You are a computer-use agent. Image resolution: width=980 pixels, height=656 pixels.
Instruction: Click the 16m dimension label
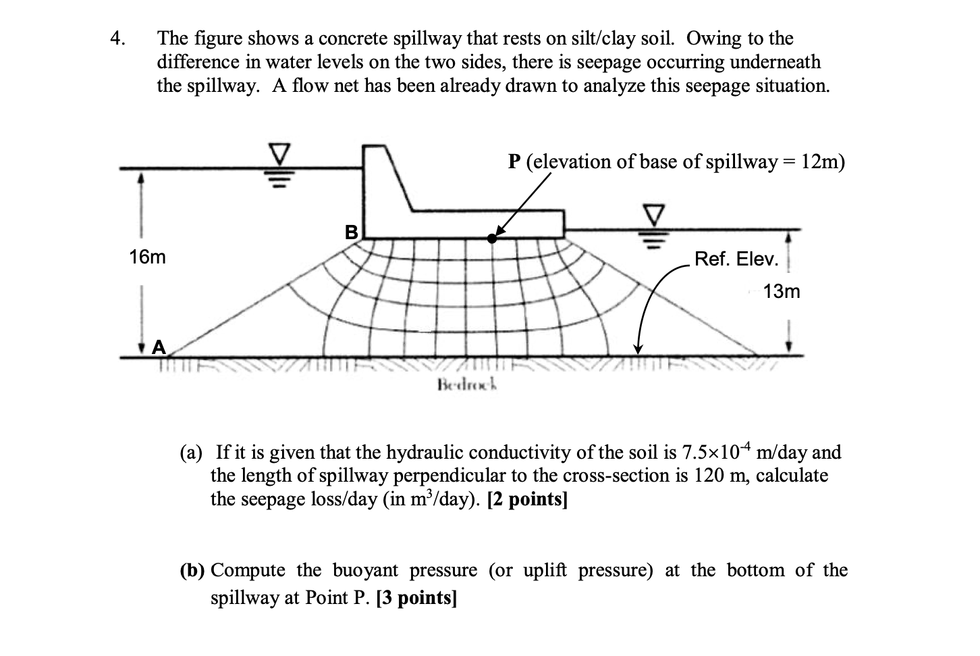pyautogui.click(x=147, y=257)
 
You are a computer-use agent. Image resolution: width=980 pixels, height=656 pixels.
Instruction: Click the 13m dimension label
pyautogui.click(x=782, y=292)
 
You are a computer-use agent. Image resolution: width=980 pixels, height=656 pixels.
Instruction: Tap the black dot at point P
pyautogui.click(x=493, y=238)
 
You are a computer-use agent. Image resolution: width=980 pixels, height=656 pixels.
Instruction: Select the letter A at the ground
pyautogui.click(x=159, y=347)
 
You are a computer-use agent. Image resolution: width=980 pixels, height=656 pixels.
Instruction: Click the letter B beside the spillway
pyautogui.click(x=351, y=233)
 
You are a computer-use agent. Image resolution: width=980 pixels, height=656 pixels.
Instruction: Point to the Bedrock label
pyautogui.click(x=467, y=386)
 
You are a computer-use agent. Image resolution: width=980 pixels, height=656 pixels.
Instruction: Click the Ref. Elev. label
pyautogui.click(x=736, y=259)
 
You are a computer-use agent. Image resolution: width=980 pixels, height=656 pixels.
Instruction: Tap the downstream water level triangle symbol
pyautogui.click(x=653, y=216)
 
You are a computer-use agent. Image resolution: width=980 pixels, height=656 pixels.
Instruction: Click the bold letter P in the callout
pyautogui.click(x=515, y=162)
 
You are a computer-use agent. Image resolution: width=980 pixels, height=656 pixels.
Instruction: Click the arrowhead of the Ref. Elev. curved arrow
pyautogui.click(x=637, y=349)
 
